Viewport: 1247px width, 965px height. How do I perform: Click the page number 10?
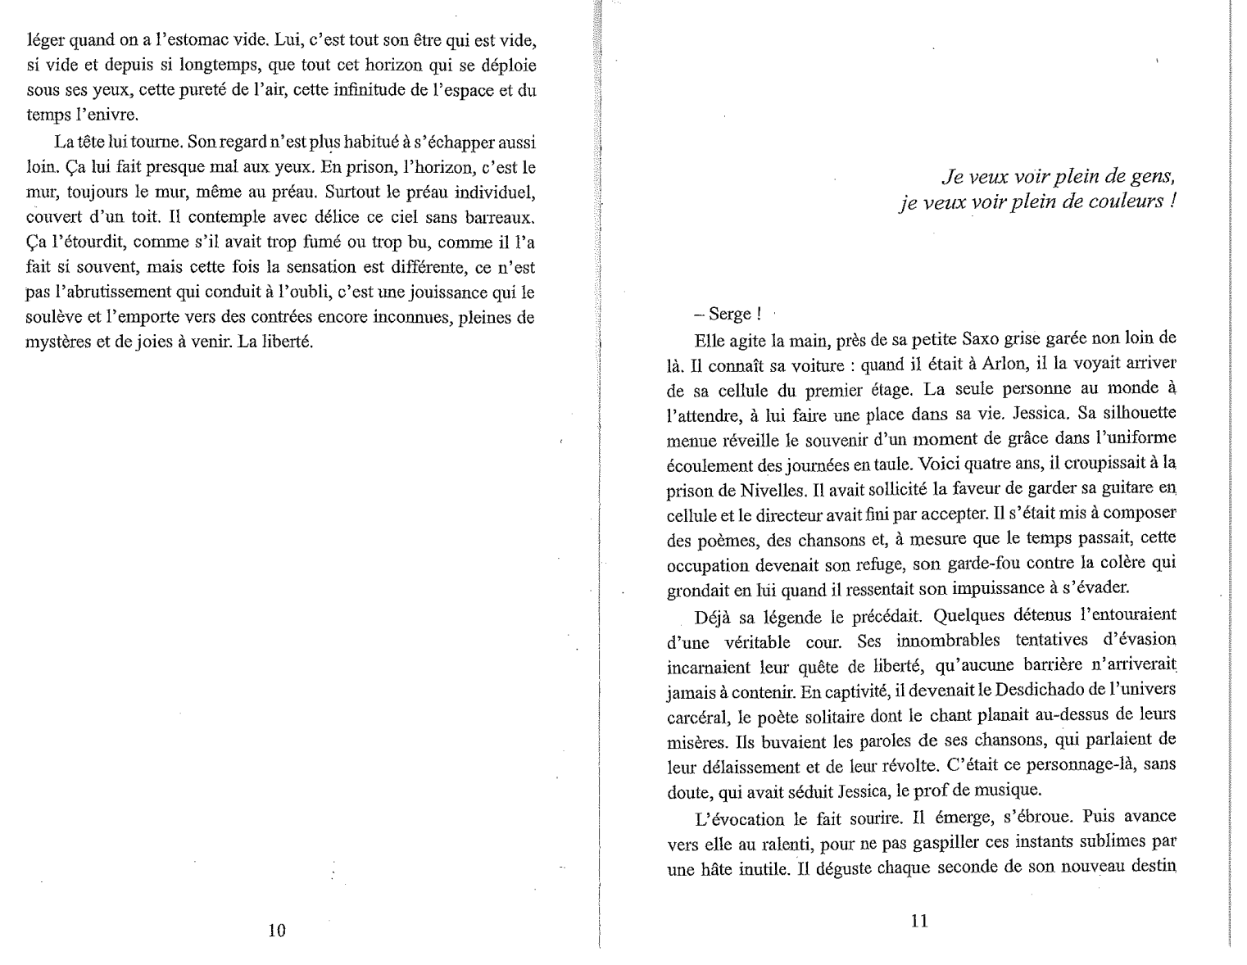(x=277, y=931)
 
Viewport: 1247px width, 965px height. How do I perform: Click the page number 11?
(x=919, y=921)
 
